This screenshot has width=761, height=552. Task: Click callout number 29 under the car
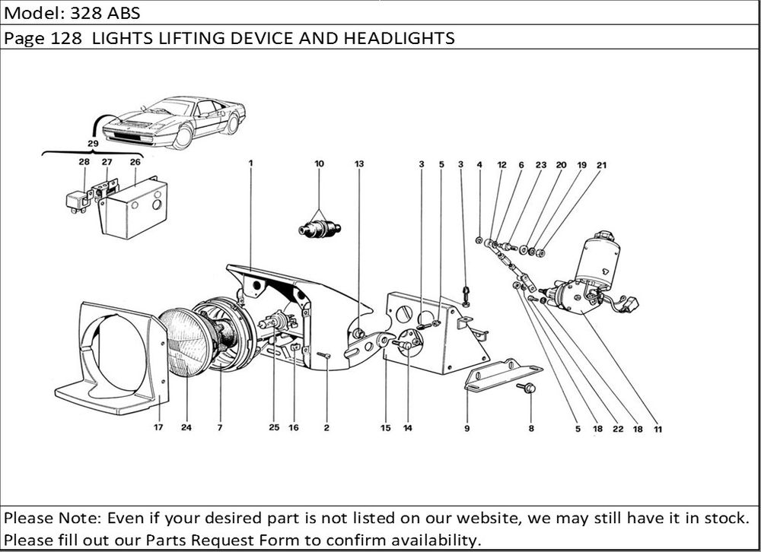[x=93, y=143]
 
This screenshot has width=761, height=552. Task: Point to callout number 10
[x=319, y=163]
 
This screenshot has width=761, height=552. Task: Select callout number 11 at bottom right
[x=658, y=429]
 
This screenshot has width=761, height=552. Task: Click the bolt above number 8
[x=530, y=389]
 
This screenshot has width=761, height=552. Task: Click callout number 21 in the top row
[x=601, y=164]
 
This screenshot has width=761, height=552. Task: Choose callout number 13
[x=359, y=163]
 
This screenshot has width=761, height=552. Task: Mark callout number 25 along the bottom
[x=274, y=428]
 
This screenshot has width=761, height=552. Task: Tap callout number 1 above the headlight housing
[x=250, y=163]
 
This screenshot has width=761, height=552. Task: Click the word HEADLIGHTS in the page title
[x=406, y=39]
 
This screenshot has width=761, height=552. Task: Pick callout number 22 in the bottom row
[x=618, y=429]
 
